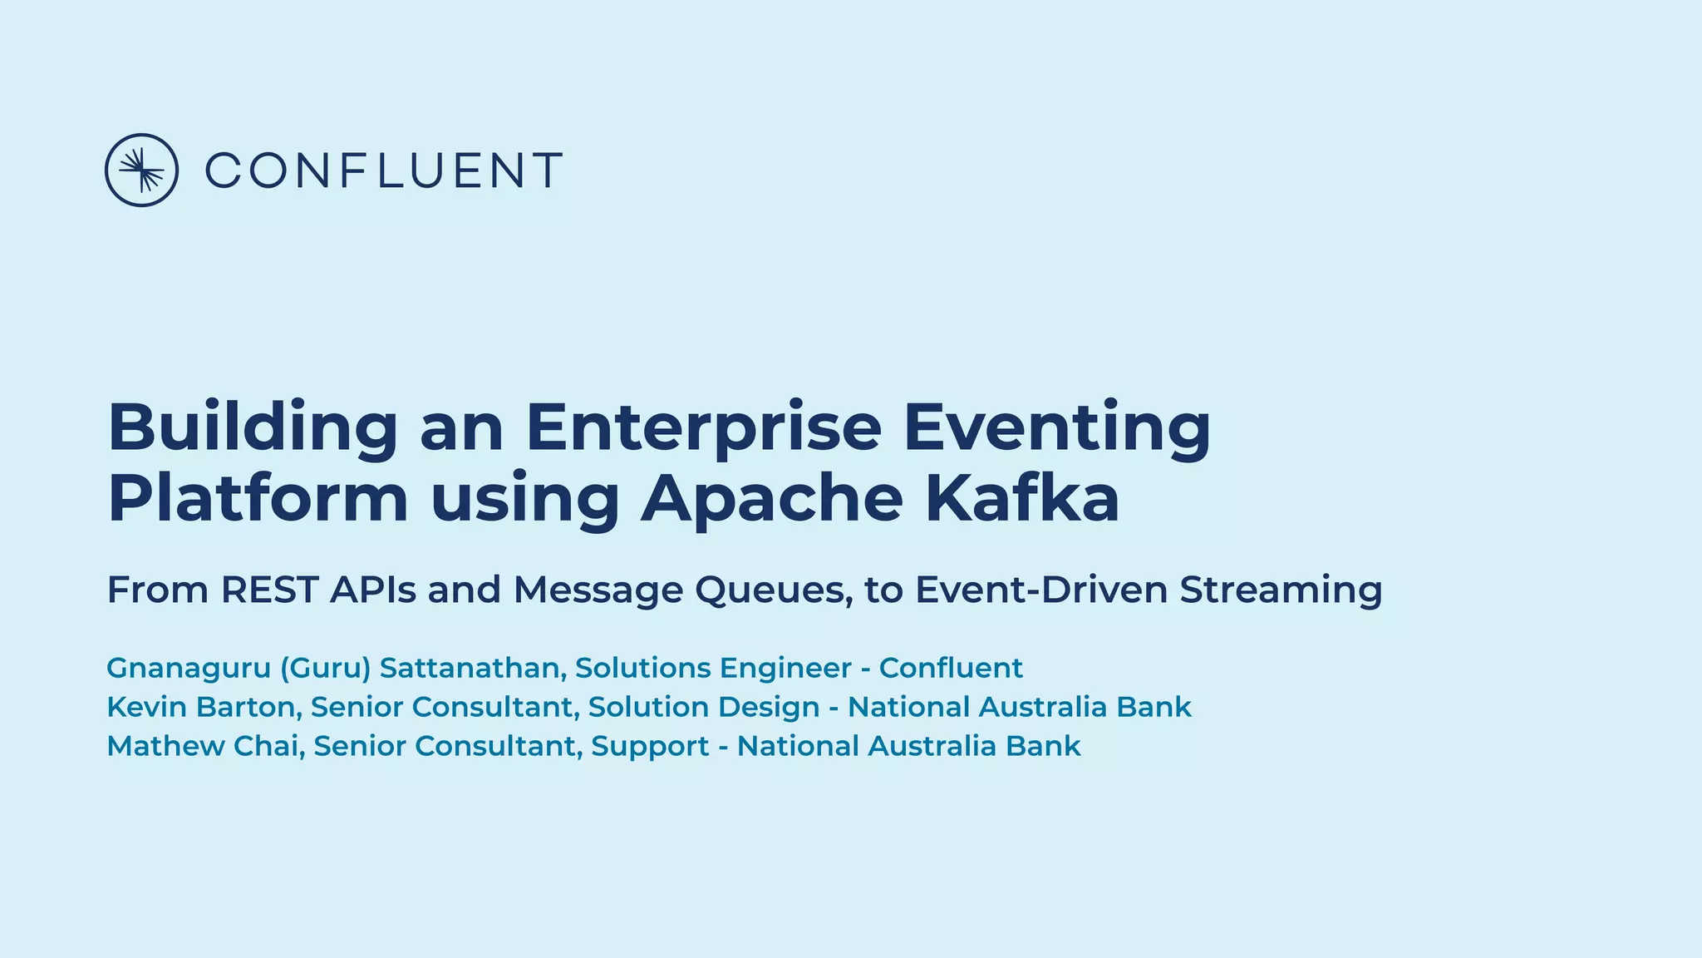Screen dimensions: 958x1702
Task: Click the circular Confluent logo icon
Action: point(141,170)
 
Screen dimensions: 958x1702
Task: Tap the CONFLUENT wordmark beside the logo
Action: point(383,170)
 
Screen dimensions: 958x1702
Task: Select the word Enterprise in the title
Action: point(703,427)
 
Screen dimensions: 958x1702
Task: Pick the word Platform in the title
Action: point(258,498)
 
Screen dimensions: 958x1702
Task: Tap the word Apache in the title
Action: point(771,498)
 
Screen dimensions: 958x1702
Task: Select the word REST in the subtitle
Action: point(269,590)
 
